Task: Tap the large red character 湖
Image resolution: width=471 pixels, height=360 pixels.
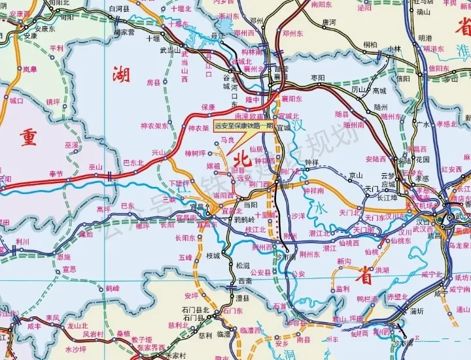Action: pyautogui.click(x=121, y=76)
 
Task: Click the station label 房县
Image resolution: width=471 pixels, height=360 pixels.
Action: pyautogui.click(x=153, y=83)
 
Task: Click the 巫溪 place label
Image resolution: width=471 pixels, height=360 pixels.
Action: pyautogui.click(x=71, y=145)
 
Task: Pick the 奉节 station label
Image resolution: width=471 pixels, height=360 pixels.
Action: pyautogui.click(x=57, y=174)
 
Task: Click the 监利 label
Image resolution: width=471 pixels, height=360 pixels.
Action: pyautogui.click(x=342, y=288)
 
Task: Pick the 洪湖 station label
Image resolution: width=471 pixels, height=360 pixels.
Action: pyautogui.click(x=364, y=270)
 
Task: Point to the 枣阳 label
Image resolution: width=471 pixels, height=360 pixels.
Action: pyautogui.click(x=318, y=77)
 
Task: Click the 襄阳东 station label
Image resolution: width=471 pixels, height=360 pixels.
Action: pyautogui.click(x=291, y=99)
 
